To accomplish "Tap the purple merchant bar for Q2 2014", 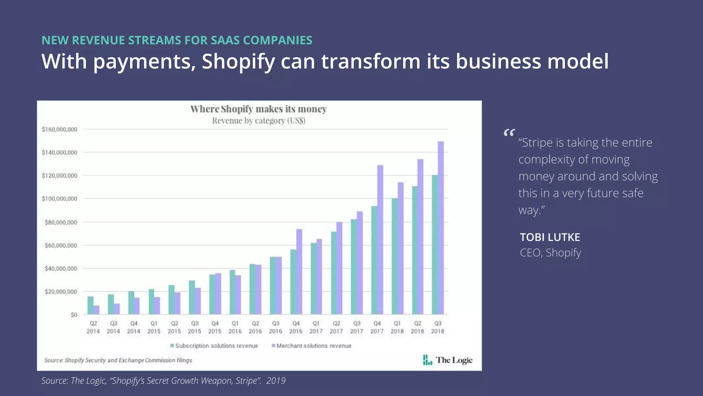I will pyautogui.click(x=96, y=310).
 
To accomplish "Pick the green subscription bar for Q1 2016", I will pyautogui.click(x=232, y=292).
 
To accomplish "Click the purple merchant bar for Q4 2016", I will pyautogui.click(x=299, y=272).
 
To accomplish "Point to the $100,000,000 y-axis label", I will pyautogui.click(x=59, y=199).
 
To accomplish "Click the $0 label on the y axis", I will pyautogui.click(x=74, y=315).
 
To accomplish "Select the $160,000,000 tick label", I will pyautogui.click(x=59, y=130).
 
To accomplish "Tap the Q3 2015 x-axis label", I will pyautogui.click(x=195, y=327).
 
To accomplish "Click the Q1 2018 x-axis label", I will pyautogui.click(x=397, y=327).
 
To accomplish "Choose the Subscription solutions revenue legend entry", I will pyautogui.click(x=214, y=346).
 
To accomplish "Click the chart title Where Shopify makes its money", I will pyautogui.click(x=258, y=109).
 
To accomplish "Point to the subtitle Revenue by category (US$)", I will pyautogui.click(x=258, y=121).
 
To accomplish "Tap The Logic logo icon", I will pyautogui.click(x=427, y=360).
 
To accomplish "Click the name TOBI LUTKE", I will pyautogui.click(x=550, y=237).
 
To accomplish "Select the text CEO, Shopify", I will pyautogui.click(x=550, y=253).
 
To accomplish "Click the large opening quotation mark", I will pyautogui.click(x=509, y=133).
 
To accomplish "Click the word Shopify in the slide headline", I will pyautogui.click(x=238, y=62).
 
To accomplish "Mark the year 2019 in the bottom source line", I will pyautogui.click(x=276, y=381).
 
